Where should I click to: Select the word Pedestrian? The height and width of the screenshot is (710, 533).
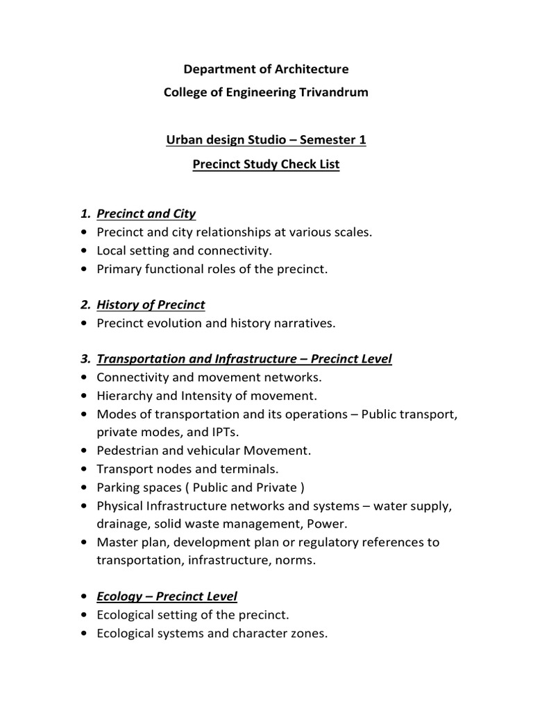pyautogui.click(x=128, y=450)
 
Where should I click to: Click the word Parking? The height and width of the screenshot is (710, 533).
pyautogui.click(x=119, y=487)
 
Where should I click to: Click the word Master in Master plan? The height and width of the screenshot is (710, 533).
pyautogui.click(x=116, y=542)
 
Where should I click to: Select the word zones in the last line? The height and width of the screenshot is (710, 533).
pyautogui.click(x=310, y=633)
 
